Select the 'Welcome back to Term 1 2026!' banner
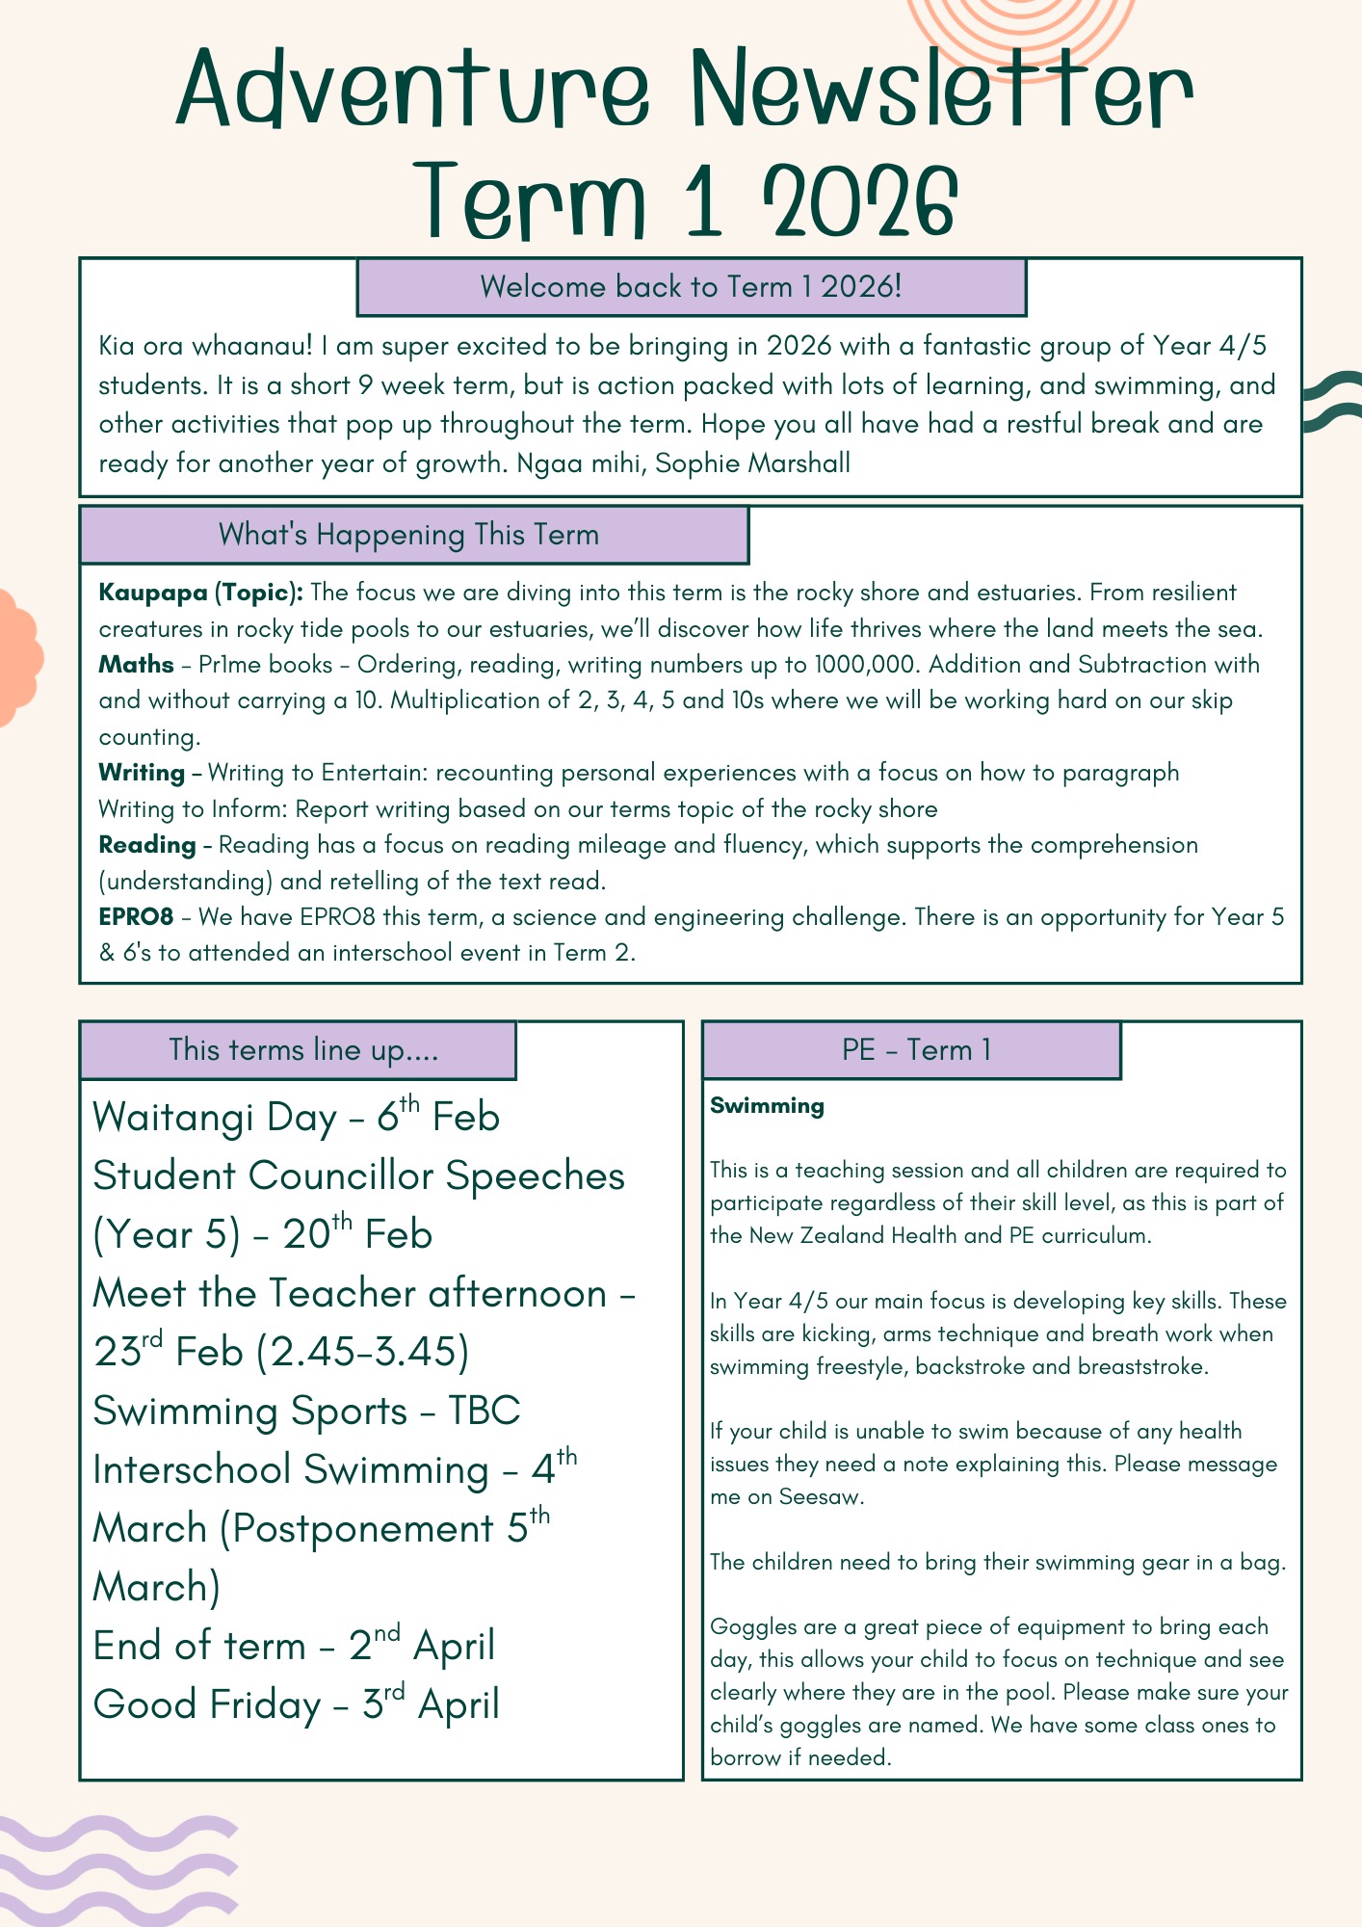[691, 287]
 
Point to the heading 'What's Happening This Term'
[409, 535]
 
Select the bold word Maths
[137, 665]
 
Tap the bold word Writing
[143, 773]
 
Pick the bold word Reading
[147, 845]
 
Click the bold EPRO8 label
[136, 916]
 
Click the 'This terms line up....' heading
[303, 1049]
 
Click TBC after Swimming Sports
[485, 1411]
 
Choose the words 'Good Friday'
[206, 1704]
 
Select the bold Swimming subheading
[767, 1106]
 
